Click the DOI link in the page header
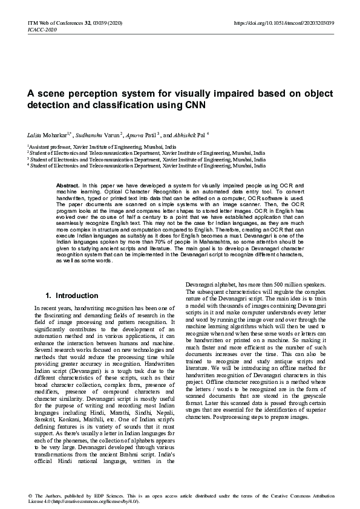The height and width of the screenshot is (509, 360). [284, 22]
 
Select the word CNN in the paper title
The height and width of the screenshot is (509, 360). [213, 105]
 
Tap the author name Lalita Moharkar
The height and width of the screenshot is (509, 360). [46, 134]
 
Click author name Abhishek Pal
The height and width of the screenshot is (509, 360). [189, 134]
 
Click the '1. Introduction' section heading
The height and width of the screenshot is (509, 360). [72, 296]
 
